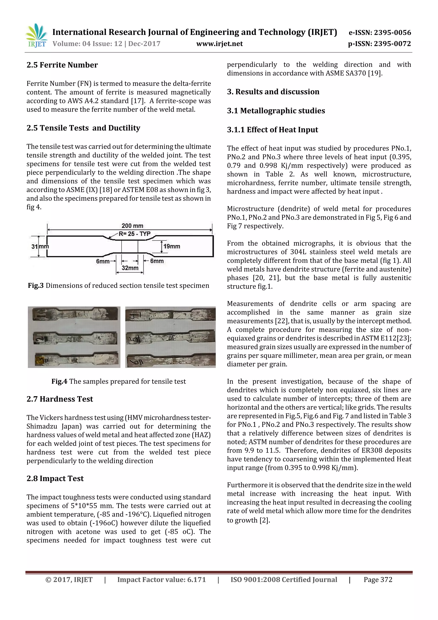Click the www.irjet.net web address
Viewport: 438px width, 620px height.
[219, 44]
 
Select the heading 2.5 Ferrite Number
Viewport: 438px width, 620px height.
[62, 65]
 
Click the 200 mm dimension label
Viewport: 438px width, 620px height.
[132, 226]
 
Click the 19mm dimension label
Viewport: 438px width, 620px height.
[172, 246]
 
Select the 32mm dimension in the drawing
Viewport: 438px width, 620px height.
[130, 268]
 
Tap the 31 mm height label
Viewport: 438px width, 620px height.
[40, 246]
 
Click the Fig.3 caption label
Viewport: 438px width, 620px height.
[36, 286]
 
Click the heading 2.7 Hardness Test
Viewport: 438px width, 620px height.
[60, 399]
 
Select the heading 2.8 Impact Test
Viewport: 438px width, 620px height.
[55, 479]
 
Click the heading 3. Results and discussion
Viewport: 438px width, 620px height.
[273, 92]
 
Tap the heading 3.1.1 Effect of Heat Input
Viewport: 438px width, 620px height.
[272, 130]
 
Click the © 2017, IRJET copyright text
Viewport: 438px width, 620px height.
[69, 580]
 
